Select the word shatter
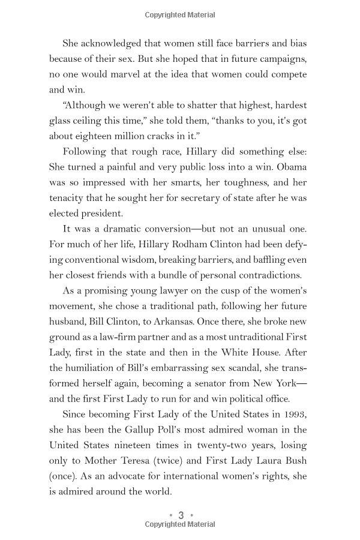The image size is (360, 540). coord(199,106)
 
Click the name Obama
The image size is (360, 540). coord(292,167)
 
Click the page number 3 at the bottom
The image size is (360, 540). coord(181,515)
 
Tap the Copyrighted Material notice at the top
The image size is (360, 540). coord(180,15)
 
